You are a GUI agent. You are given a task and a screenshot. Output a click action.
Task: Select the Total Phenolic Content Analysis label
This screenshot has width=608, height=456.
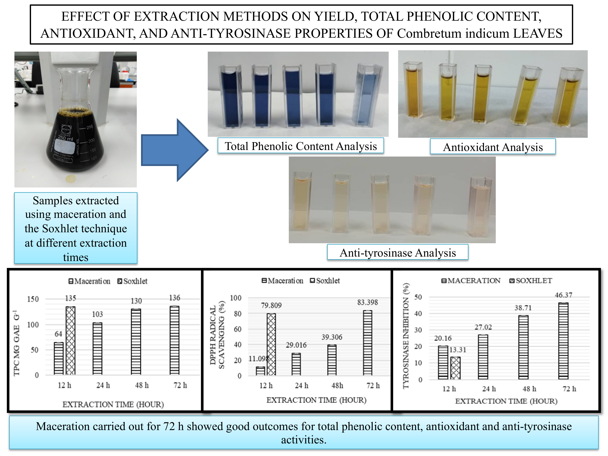tap(301, 146)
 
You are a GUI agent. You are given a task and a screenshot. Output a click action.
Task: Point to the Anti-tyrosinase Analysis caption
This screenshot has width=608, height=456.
tap(397, 253)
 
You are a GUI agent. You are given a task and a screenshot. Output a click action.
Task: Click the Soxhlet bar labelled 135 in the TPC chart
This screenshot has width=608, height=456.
tap(70, 341)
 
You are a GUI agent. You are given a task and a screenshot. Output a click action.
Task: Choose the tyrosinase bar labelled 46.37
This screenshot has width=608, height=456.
tap(563, 341)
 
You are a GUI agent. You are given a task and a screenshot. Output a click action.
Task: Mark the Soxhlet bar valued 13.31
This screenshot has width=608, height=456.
tap(455, 368)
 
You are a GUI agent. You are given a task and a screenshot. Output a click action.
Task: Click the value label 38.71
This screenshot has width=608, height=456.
tap(523, 308)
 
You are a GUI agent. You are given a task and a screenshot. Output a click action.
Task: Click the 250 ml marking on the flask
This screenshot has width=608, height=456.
tap(65, 138)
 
